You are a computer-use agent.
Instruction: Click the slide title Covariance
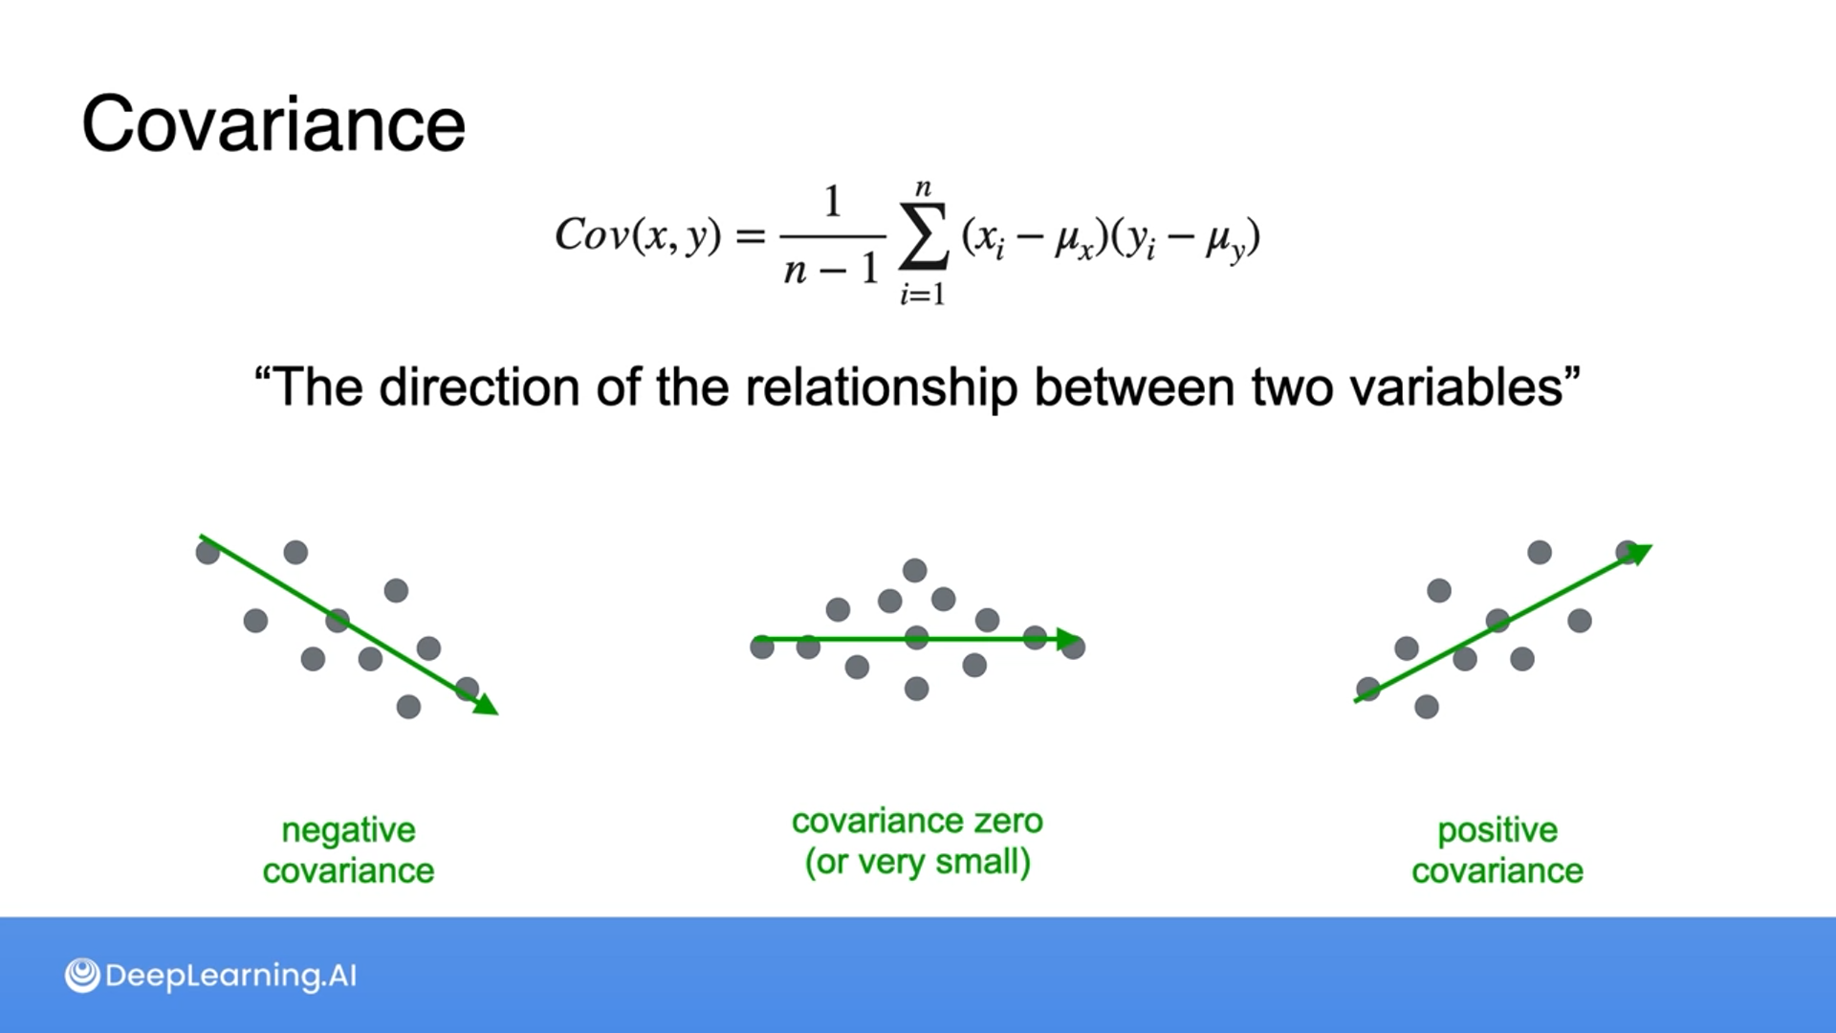[273, 124]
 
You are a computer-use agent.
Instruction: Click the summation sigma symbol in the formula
[924, 236]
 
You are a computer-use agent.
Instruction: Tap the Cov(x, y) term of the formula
[638, 234]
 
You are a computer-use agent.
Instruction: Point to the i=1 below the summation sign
[922, 294]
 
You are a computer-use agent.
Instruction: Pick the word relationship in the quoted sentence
[881, 387]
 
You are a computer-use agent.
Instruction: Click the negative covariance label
[348, 850]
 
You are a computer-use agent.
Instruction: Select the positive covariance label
[1497, 850]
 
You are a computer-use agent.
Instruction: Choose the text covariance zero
[917, 821]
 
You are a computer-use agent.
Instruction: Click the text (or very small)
[917, 862]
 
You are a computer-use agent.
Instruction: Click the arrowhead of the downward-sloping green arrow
[487, 705]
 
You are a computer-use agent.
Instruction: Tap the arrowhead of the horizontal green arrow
[1068, 640]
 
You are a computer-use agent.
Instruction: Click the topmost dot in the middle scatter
[915, 571]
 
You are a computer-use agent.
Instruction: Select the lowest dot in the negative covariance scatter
[408, 707]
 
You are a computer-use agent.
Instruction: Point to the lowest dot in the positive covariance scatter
[1426, 707]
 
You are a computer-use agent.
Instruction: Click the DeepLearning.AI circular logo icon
[82, 976]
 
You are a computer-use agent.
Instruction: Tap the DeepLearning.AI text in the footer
[230, 976]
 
